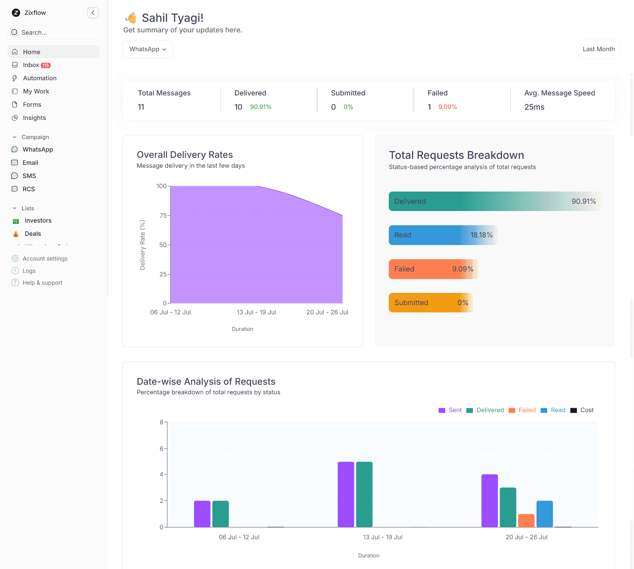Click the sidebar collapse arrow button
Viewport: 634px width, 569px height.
point(93,13)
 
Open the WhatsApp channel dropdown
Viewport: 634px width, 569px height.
point(148,49)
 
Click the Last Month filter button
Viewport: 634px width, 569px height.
point(598,49)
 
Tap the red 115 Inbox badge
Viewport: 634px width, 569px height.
point(46,65)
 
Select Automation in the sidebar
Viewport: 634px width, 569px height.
point(40,78)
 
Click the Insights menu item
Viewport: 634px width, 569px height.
point(34,118)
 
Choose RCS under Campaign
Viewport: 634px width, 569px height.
point(28,189)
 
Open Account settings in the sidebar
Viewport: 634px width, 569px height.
point(45,259)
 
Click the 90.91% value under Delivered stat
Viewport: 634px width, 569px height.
point(260,107)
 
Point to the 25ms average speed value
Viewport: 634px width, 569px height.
point(534,107)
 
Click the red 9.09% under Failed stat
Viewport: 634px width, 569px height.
point(447,107)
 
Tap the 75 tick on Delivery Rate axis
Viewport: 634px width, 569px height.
point(163,216)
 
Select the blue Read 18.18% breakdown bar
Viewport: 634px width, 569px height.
point(442,235)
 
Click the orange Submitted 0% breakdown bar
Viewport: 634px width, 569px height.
point(430,303)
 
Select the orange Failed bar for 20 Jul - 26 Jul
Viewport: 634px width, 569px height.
point(526,520)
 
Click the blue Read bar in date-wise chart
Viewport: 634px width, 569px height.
point(544,514)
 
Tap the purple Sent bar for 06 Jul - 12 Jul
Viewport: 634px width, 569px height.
point(202,514)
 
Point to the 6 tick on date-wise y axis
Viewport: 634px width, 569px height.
point(161,448)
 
